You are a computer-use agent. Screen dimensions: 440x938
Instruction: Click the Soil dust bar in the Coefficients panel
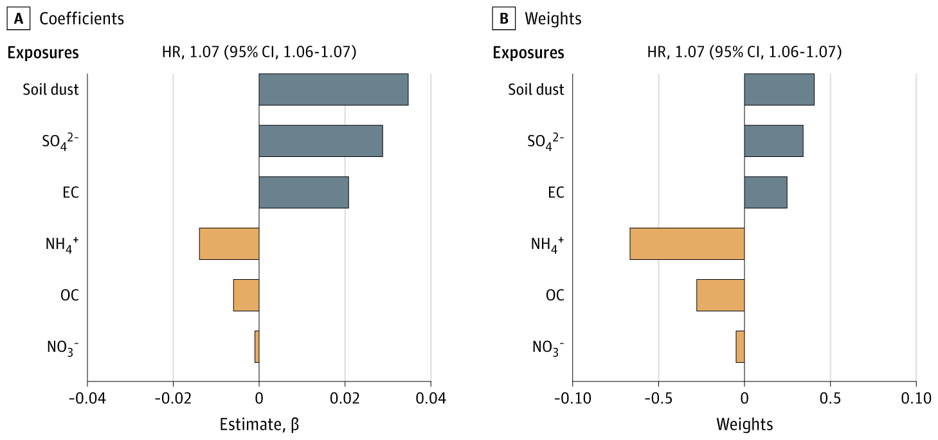pyautogui.click(x=333, y=89)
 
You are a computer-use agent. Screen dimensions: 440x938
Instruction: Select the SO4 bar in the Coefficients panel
pyautogui.click(x=320, y=141)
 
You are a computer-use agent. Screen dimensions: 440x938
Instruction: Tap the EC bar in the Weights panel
pyautogui.click(x=765, y=192)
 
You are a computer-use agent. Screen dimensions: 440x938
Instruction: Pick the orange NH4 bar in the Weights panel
pyautogui.click(x=687, y=244)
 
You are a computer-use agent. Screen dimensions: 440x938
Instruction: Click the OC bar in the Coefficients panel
pyautogui.click(x=246, y=295)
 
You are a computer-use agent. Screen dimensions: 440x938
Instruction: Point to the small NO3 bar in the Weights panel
pyautogui.click(x=740, y=347)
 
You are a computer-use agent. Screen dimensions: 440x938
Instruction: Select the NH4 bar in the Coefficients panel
pyautogui.click(x=229, y=244)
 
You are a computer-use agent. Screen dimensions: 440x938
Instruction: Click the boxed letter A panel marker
pyautogui.click(x=19, y=19)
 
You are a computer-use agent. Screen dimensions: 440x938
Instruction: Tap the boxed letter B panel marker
pyautogui.click(x=504, y=19)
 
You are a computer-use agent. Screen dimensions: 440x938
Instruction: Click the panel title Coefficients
pyautogui.click(x=82, y=19)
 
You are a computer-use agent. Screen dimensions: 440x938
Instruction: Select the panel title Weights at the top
pyautogui.click(x=553, y=19)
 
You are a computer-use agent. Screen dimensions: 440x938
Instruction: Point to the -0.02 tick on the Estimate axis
pyautogui.click(x=173, y=399)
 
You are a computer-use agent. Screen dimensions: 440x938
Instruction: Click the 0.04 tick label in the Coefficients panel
pyautogui.click(x=431, y=399)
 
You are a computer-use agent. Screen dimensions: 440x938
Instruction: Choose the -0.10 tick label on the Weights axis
pyautogui.click(x=572, y=399)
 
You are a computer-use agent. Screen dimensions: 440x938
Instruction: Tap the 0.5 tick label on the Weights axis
pyautogui.click(x=830, y=399)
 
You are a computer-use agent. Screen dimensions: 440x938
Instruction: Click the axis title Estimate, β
pyautogui.click(x=259, y=425)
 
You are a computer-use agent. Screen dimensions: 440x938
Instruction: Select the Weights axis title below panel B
pyautogui.click(x=744, y=425)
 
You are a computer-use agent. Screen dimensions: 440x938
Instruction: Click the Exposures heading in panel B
pyautogui.click(x=528, y=53)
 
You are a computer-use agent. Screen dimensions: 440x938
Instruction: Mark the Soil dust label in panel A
pyautogui.click(x=51, y=89)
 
